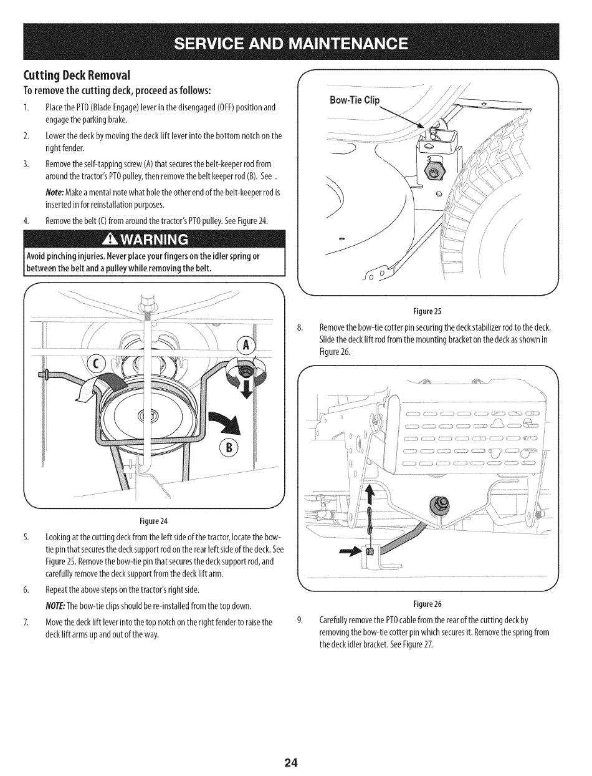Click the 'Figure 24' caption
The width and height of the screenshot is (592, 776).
click(155, 521)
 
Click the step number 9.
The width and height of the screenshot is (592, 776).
click(300, 620)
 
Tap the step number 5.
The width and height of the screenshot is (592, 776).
click(26, 538)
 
